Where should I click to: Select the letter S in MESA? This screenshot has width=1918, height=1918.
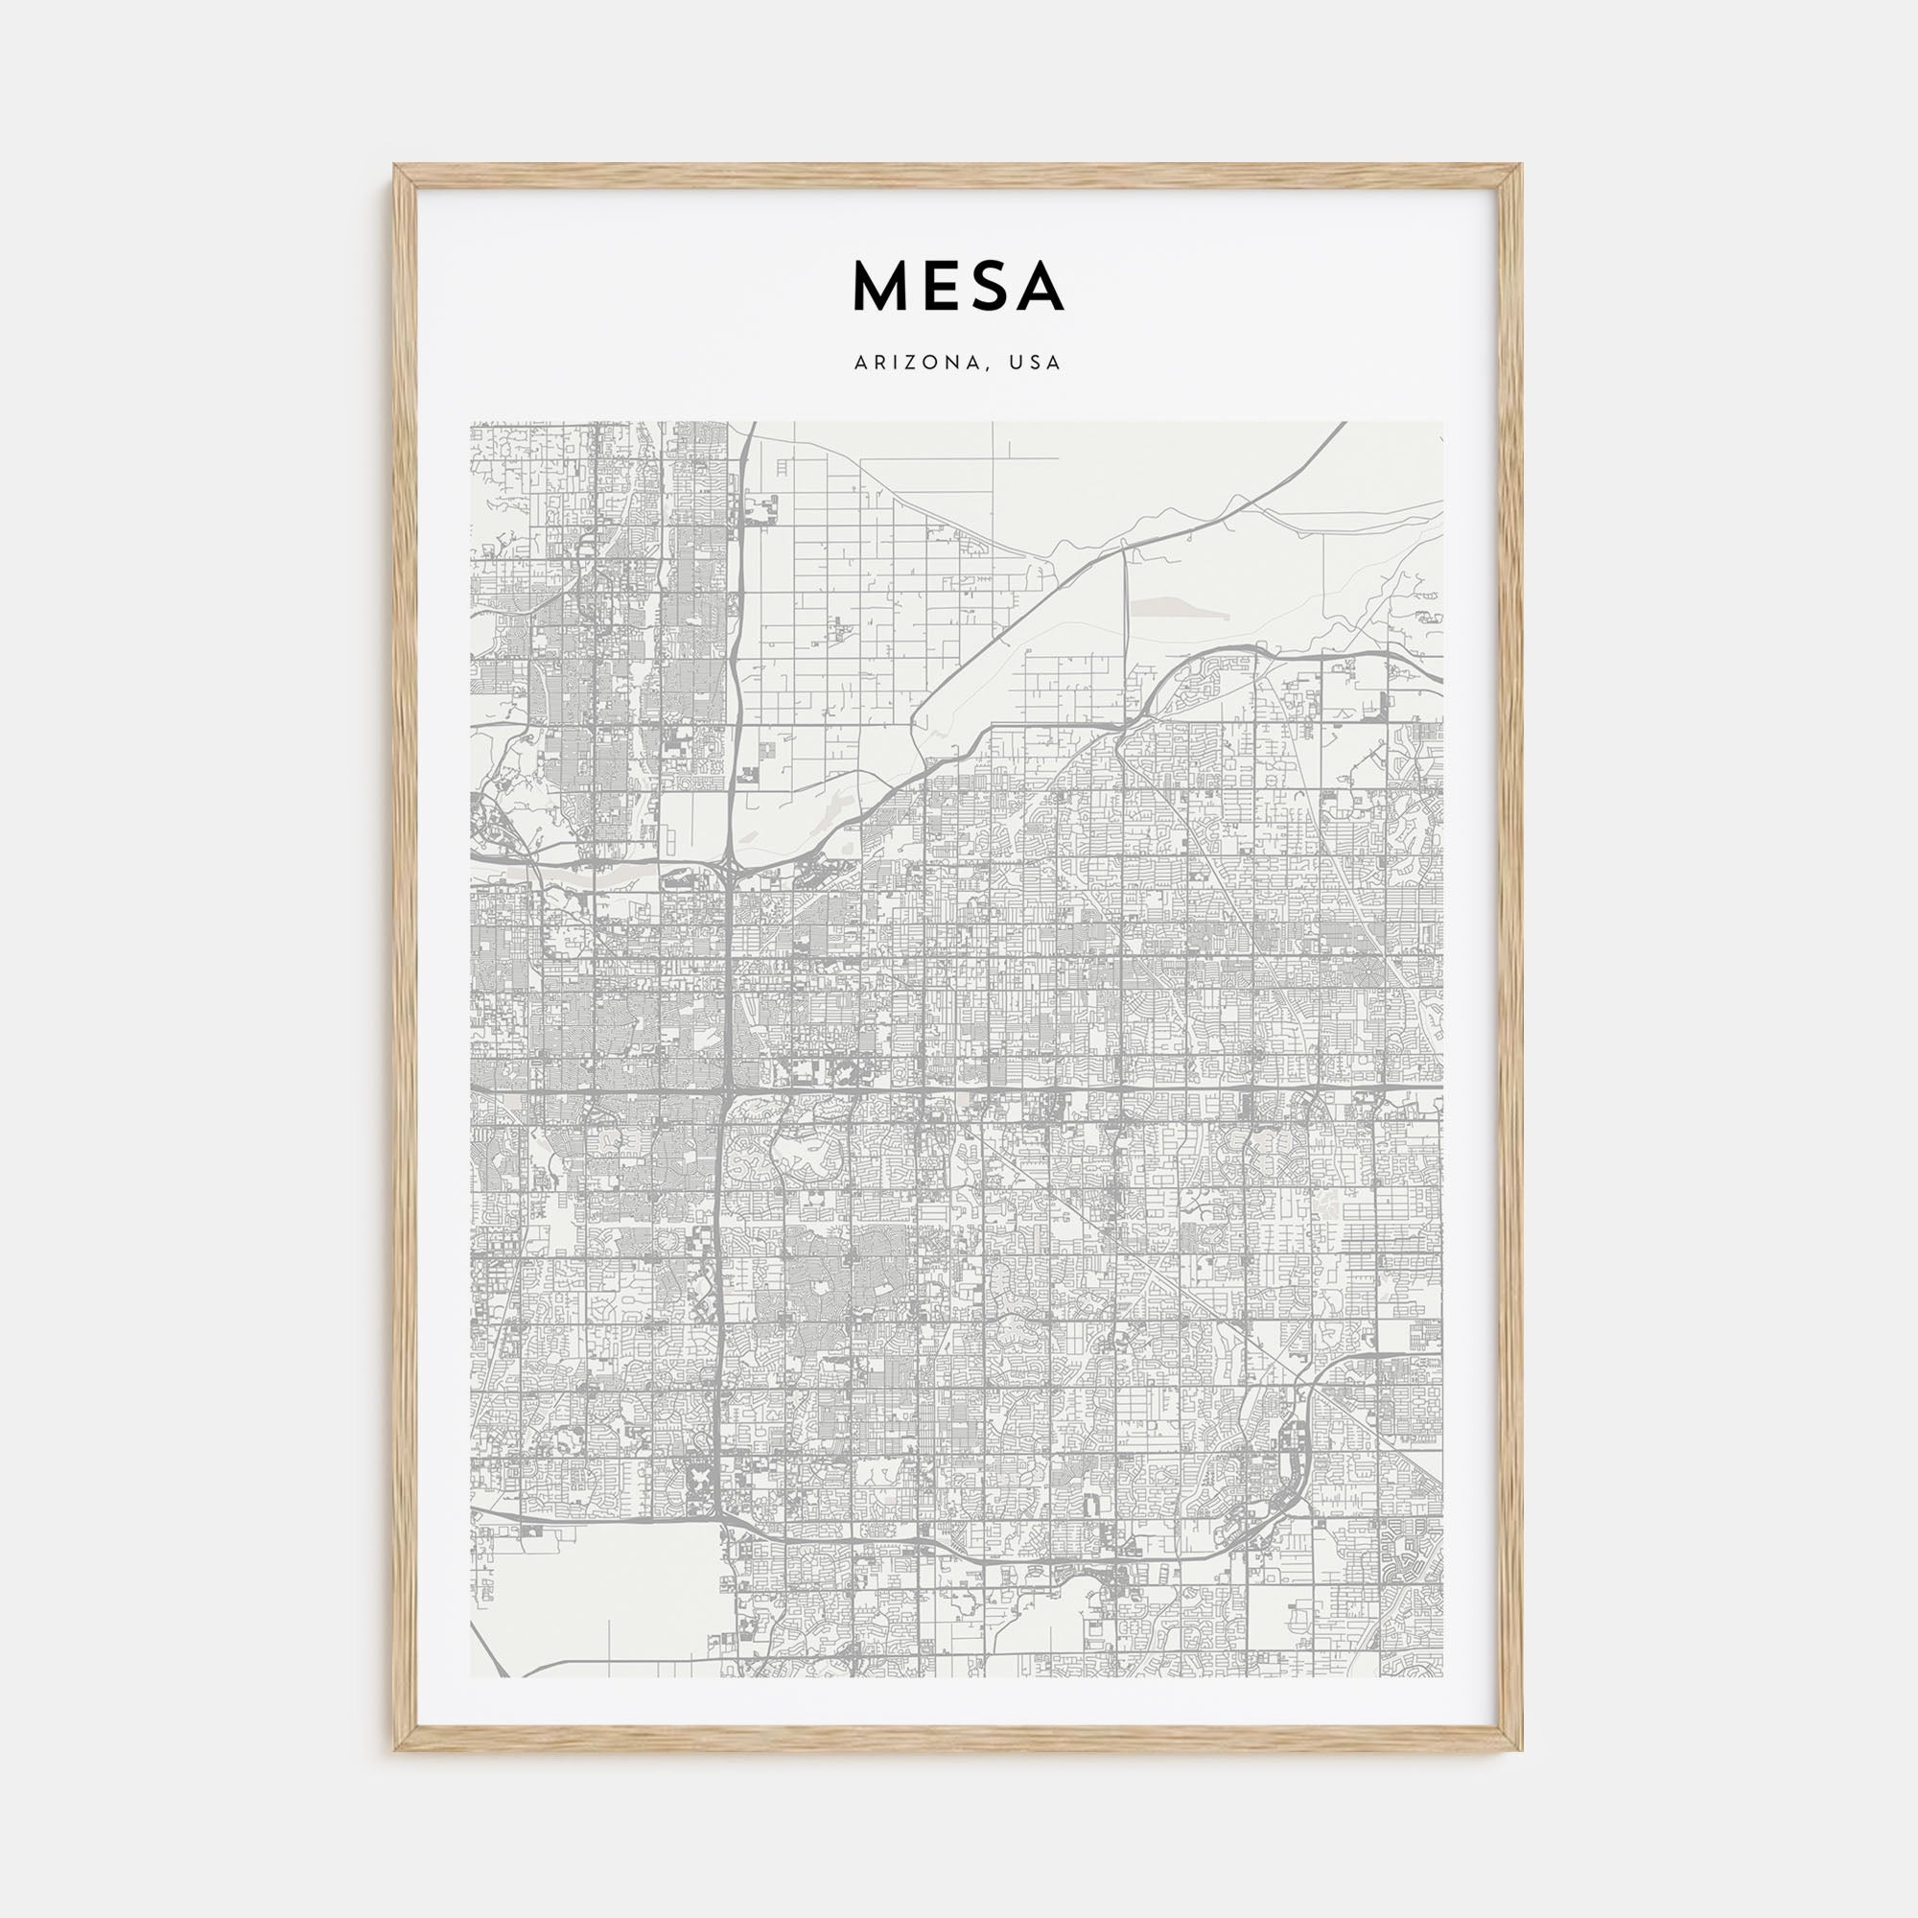[x=987, y=287]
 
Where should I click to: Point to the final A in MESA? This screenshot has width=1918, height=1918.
[x=1040, y=287]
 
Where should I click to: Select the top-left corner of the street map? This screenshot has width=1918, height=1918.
[x=472, y=423]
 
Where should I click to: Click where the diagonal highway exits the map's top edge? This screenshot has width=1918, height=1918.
[x=1345, y=424]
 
